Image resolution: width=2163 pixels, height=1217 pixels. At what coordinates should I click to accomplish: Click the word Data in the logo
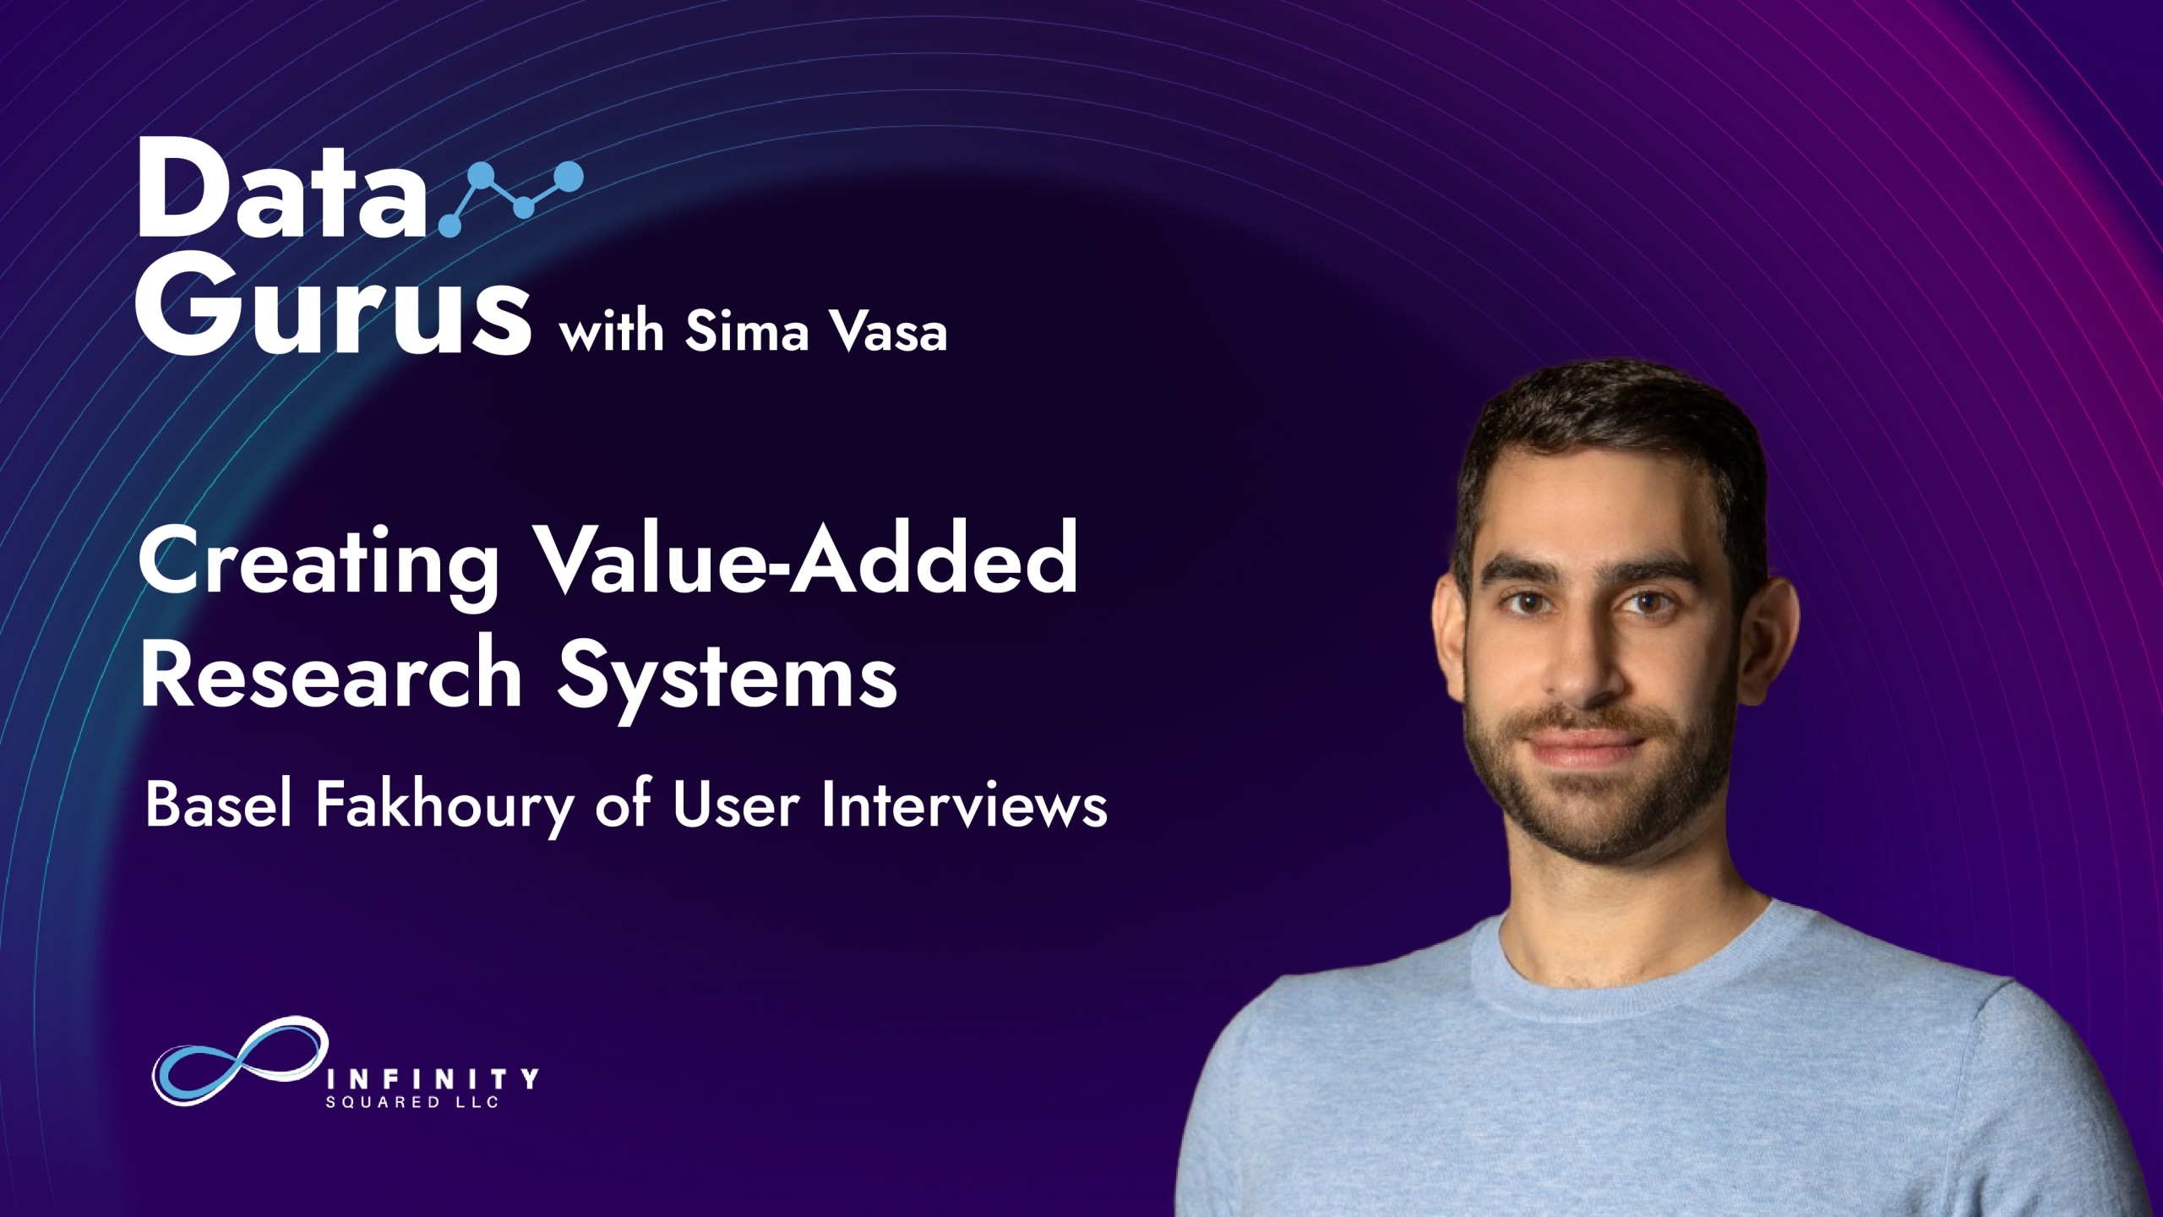(282, 188)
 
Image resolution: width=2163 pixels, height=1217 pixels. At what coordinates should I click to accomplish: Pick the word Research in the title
(330, 674)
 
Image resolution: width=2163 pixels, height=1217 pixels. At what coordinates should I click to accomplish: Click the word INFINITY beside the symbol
(432, 1079)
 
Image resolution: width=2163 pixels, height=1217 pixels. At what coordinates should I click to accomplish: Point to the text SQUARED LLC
(411, 1102)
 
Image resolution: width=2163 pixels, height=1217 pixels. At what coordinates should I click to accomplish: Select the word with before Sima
(612, 330)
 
